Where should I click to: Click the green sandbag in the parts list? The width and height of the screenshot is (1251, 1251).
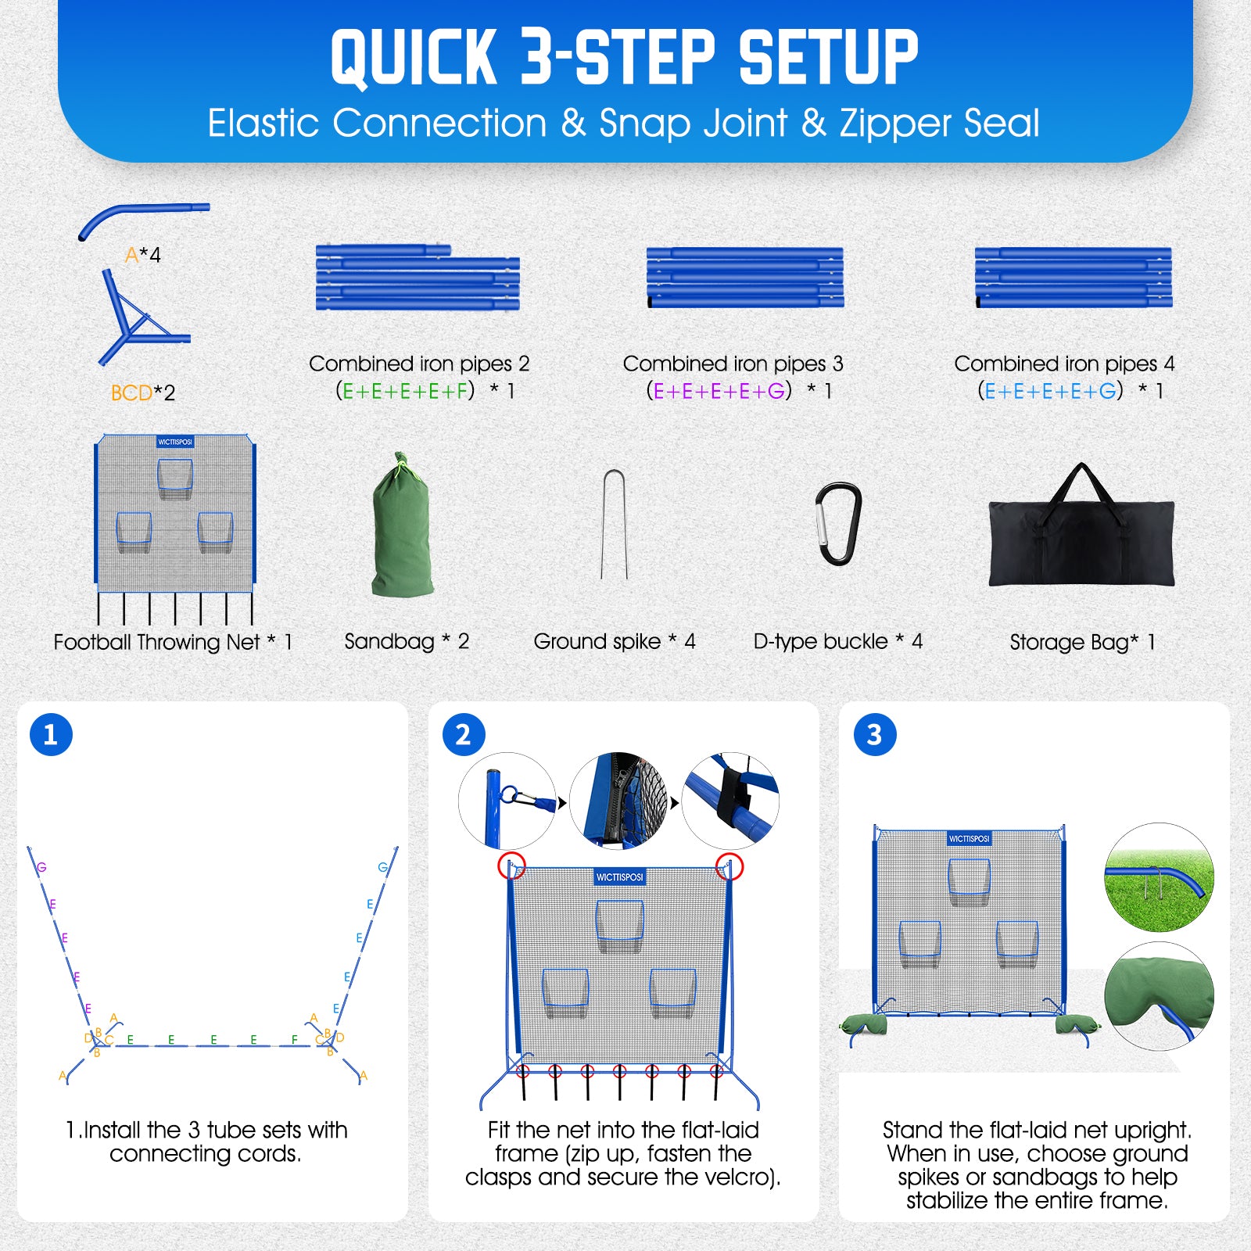[403, 525]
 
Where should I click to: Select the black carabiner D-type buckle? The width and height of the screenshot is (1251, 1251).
[838, 522]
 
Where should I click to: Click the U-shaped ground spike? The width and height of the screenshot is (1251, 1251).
[615, 523]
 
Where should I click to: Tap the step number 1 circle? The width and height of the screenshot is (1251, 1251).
[51, 734]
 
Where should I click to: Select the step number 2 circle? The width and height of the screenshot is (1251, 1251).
[463, 734]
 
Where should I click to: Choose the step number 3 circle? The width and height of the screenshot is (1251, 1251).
[874, 734]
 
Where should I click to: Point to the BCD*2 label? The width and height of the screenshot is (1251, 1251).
[143, 393]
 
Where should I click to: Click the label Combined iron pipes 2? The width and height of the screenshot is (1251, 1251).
[419, 364]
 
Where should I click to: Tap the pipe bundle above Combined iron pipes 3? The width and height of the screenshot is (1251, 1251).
[745, 278]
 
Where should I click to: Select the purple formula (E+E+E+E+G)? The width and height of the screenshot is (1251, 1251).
[719, 390]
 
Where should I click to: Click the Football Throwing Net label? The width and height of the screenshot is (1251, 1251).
[156, 642]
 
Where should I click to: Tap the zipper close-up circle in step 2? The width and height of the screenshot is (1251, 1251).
[619, 801]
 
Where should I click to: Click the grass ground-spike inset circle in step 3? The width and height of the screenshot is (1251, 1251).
[1159, 876]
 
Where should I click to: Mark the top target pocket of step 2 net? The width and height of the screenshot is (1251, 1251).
[620, 924]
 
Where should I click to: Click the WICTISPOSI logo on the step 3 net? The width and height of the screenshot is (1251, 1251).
[969, 839]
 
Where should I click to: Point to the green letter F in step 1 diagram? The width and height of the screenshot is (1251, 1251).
[294, 1039]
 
